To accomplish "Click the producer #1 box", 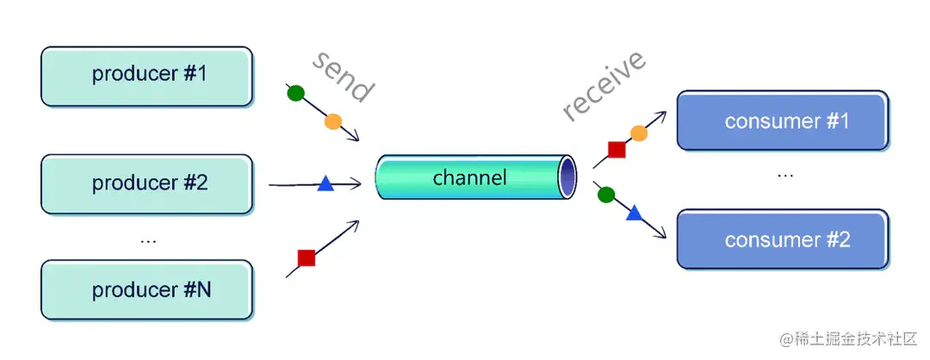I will [x=147, y=76].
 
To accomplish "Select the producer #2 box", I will [x=147, y=183].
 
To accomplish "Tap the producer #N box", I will [x=147, y=290].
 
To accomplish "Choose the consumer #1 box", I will [x=783, y=121].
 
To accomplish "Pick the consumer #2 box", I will [x=783, y=239].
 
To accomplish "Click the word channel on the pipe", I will [x=469, y=178].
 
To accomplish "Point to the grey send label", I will [x=343, y=77].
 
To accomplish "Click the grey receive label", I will [x=604, y=85].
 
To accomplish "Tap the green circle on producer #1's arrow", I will [x=295, y=92].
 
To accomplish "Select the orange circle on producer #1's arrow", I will [x=333, y=121].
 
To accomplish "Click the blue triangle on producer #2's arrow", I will [x=325, y=183].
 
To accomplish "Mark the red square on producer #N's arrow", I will [x=306, y=258].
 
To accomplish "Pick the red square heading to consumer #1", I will [x=617, y=150].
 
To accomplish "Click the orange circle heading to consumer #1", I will [x=639, y=133].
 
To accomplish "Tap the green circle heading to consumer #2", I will [x=606, y=195].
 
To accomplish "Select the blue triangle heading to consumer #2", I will [x=635, y=213].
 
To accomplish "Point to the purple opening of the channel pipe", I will [x=567, y=177].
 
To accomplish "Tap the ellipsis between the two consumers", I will [x=785, y=175].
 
